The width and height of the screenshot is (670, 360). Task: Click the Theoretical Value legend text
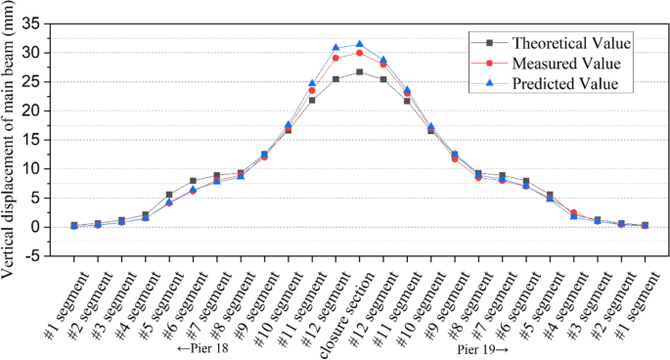tap(571, 43)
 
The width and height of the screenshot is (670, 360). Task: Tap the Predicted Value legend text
tap(565, 84)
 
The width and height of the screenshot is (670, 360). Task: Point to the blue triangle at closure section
tap(359, 44)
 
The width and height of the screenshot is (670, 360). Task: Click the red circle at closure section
tap(359, 53)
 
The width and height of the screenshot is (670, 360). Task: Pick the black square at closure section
tap(359, 72)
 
